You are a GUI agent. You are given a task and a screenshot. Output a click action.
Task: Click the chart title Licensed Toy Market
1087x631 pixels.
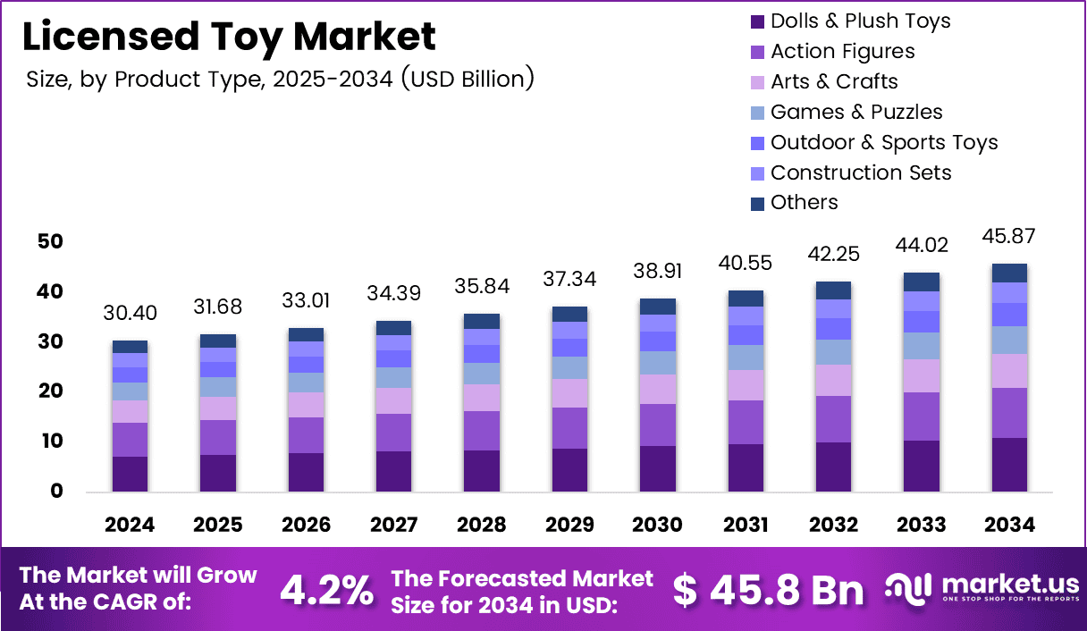pos(229,37)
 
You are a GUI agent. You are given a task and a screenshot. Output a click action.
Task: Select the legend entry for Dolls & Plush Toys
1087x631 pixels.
pos(860,21)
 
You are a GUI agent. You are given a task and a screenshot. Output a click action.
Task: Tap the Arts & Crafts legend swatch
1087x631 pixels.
pos(756,82)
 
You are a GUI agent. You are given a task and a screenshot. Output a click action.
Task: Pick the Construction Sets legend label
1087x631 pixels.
pos(860,172)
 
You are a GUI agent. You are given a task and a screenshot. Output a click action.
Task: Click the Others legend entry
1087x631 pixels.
pos(804,203)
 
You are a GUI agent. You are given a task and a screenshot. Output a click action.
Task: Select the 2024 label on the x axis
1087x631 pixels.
pos(130,525)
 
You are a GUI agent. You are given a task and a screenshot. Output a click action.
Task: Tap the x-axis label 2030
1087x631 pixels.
pos(657,525)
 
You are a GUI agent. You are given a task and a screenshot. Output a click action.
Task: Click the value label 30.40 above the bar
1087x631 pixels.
pos(130,313)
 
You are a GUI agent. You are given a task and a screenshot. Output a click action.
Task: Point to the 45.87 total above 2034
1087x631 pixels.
pos(1009,237)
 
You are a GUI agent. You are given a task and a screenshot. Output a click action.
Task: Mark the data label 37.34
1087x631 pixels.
pos(569,279)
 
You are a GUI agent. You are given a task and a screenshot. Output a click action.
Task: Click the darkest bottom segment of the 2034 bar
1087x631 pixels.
pos(1009,465)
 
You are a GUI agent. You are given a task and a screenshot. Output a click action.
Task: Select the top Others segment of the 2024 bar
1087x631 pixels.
pos(130,347)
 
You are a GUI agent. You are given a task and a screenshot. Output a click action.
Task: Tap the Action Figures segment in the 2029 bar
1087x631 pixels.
pos(569,428)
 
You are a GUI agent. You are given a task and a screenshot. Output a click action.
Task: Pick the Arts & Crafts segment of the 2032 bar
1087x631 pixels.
pos(833,380)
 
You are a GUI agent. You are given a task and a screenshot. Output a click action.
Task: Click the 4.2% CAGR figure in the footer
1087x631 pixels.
pos(327,590)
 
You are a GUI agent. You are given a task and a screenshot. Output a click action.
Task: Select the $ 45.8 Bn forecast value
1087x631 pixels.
pos(769,590)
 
